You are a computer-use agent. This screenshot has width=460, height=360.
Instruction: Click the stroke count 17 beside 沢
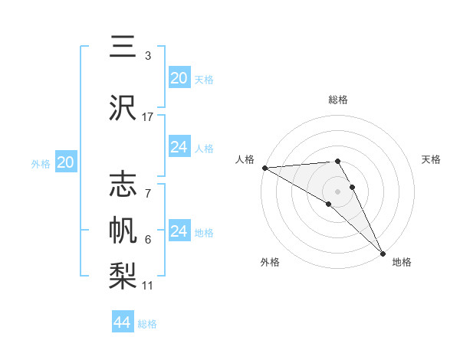[148, 116]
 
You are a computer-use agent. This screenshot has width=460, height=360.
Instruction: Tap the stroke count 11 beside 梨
[148, 285]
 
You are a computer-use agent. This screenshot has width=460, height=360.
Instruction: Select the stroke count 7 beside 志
[148, 185]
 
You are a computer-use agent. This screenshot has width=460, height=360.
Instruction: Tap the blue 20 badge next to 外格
[66, 162]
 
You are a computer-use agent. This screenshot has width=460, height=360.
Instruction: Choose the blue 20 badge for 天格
[179, 78]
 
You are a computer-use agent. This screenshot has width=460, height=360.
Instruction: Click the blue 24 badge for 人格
[179, 147]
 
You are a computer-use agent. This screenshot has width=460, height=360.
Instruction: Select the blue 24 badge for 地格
[179, 231]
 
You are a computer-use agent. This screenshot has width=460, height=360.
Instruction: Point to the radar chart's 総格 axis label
[338, 100]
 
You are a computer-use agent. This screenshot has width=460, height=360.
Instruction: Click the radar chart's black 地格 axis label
[402, 263]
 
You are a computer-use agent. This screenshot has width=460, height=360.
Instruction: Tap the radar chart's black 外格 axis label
[270, 263]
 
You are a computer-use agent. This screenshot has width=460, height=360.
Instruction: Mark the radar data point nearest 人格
[264, 168]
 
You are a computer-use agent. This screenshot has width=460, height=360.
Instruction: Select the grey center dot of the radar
[337, 191]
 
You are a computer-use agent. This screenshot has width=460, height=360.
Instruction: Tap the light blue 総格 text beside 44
[147, 324]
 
